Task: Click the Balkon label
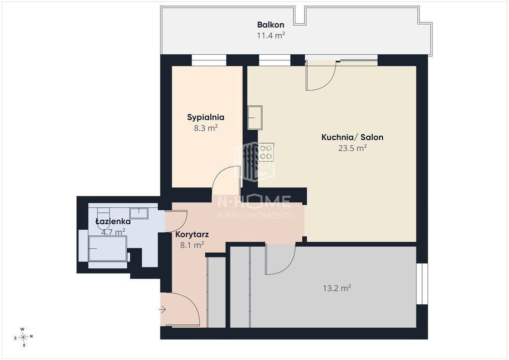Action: click(271, 25)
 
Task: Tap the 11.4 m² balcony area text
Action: click(271, 35)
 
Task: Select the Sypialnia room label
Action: click(206, 117)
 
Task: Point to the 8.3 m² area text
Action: click(206, 128)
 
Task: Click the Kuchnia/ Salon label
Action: click(352, 137)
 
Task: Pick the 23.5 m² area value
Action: click(352, 148)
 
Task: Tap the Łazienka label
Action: click(113, 221)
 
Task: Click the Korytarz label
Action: click(192, 234)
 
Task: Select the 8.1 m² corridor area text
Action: click(192, 245)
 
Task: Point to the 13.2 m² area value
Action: click(337, 288)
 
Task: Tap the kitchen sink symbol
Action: click(255, 117)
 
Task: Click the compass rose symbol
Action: click(23, 337)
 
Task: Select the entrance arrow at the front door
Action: click(163, 310)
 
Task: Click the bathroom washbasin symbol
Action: click(139, 213)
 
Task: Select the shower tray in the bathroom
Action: click(107, 249)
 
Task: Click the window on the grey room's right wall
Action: click(422, 284)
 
